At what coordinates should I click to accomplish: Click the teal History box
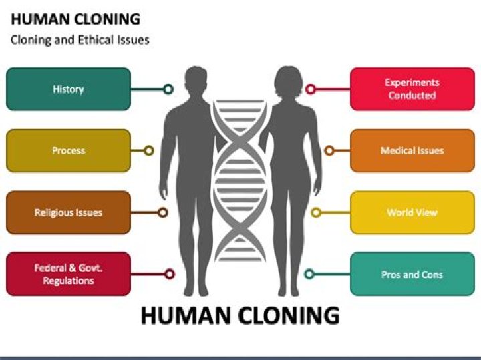click(68, 89)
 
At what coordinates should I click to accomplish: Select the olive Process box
click(68, 150)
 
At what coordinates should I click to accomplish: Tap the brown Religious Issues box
click(68, 212)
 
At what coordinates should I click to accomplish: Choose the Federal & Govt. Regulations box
click(68, 274)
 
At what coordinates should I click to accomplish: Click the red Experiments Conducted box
click(412, 89)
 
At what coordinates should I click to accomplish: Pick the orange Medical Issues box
click(412, 150)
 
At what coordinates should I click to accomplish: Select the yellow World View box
click(412, 212)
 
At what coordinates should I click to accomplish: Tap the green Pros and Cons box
click(412, 274)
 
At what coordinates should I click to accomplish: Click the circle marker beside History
click(168, 89)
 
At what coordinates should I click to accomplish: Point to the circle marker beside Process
click(149, 151)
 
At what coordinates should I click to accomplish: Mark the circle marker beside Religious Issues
click(163, 212)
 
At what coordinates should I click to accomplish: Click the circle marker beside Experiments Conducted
click(310, 89)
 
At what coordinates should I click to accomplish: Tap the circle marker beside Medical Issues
click(329, 151)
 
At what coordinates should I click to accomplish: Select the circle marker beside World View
click(316, 212)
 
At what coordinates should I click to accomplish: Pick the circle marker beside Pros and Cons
click(309, 274)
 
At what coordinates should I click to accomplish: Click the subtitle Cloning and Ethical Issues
click(80, 40)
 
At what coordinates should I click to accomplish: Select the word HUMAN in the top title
click(35, 19)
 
